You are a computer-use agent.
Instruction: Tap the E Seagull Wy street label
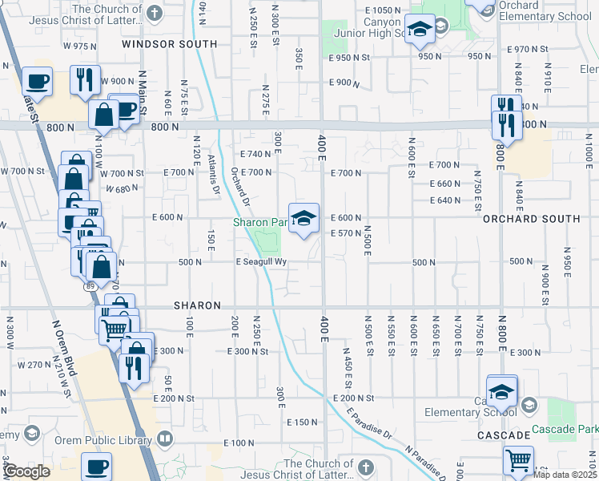pyautogui.click(x=261, y=262)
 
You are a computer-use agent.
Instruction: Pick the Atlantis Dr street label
pyautogui.click(x=214, y=174)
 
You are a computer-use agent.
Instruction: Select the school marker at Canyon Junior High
pyautogui.click(x=417, y=30)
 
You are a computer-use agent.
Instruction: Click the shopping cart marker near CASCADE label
pyautogui.click(x=518, y=459)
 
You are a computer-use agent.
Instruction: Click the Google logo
pyautogui.click(x=26, y=471)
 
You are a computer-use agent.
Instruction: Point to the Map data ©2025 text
pyautogui.click(x=565, y=475)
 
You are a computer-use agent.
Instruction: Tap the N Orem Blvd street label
pyautogui.click(x=64, y=349)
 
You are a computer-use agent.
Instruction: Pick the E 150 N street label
pyautogui.click(x=301, y=422)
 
